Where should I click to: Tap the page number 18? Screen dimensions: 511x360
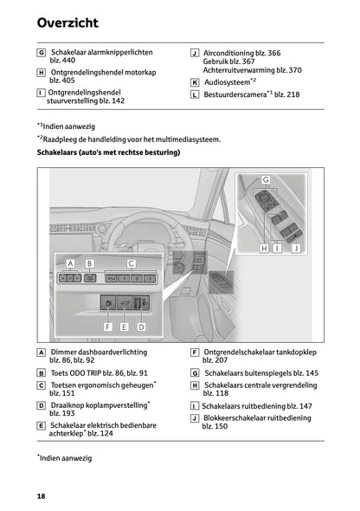(x=41, y=495)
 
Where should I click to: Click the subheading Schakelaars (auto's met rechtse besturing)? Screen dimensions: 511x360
(x=108, y=152)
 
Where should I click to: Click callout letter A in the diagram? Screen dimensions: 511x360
(x=69, y=262)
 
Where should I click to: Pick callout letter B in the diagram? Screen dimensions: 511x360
(x=89, y=262)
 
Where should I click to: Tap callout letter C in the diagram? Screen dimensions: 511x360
(x=131, y=262)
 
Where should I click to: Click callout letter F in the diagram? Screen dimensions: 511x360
(x=108, y=327)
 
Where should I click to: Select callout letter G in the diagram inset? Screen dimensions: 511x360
(x=266, y=180)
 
